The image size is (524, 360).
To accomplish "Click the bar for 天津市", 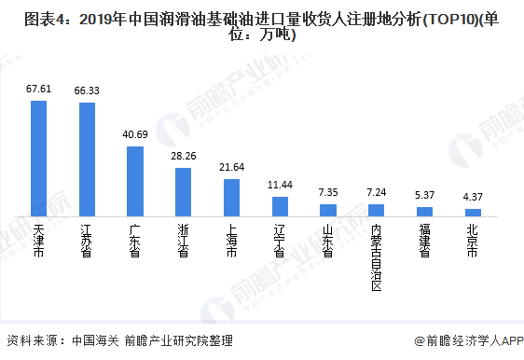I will point(38,159).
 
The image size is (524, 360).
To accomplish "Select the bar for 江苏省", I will point(87,159).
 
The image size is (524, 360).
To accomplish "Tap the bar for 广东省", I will point(135,181).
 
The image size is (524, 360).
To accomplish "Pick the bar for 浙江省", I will point(184,192).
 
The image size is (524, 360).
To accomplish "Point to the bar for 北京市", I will point(474,214).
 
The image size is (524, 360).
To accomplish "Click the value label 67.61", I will point(38,89).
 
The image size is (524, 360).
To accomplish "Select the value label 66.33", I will point(87,90).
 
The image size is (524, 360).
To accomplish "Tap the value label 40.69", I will point(135,134).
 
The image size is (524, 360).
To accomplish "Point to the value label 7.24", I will point(377,191).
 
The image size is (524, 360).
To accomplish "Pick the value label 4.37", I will point(474,197).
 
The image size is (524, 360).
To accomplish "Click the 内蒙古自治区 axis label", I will point(377,256).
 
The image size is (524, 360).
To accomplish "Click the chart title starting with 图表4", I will point(262,27).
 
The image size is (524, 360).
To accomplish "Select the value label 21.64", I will point(232,167).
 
